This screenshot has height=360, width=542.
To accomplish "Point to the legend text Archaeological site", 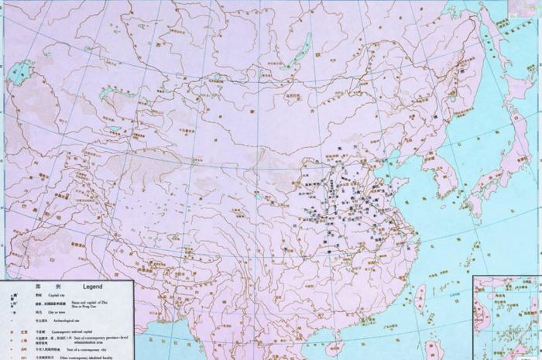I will click(x=64, y=320).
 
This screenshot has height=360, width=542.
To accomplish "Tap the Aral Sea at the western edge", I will click(x=17, y=74).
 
